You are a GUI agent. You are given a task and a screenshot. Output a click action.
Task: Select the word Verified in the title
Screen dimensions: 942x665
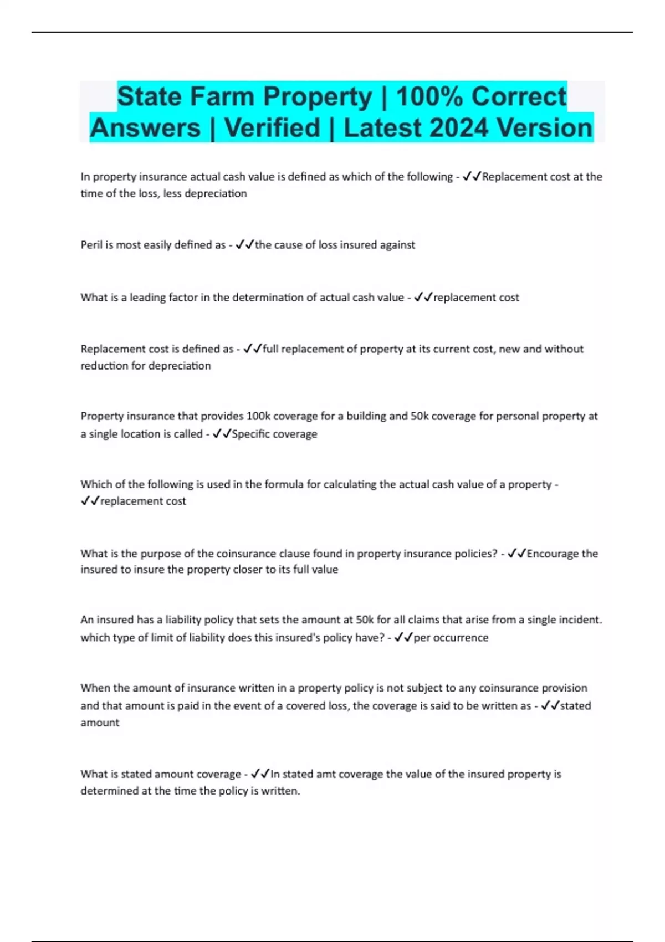(272, 128)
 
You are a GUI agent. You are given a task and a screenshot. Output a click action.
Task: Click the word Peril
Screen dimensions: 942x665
(91, 245)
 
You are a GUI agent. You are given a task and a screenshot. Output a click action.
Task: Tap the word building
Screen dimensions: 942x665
(367, 416)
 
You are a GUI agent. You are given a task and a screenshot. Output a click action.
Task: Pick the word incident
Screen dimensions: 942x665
(580, 620)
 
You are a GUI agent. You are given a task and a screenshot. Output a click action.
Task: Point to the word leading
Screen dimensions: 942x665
(147, 298)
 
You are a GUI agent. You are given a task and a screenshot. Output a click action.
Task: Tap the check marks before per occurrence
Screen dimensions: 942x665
(403, 638)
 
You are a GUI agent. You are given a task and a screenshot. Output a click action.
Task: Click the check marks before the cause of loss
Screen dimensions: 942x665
(244, 245)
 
